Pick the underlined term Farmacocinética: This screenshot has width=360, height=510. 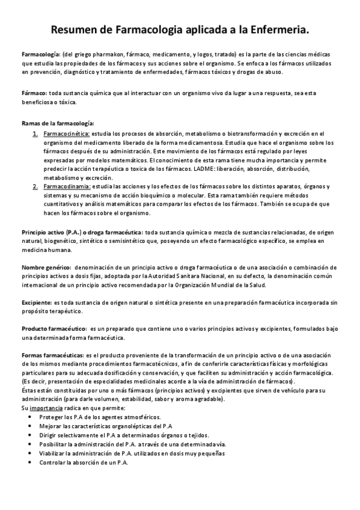(67, 133)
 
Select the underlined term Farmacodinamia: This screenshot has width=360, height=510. (66, 187)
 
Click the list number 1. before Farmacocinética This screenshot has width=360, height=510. (35, 133)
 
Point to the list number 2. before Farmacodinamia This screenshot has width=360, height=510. (35, 187)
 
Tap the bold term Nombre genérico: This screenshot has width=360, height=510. (45, 266)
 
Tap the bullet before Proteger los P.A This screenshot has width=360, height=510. (30, 417)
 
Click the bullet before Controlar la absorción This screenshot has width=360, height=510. (30, 462)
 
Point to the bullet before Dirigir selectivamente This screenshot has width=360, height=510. (30, 435)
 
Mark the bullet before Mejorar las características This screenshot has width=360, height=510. (30, 426)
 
